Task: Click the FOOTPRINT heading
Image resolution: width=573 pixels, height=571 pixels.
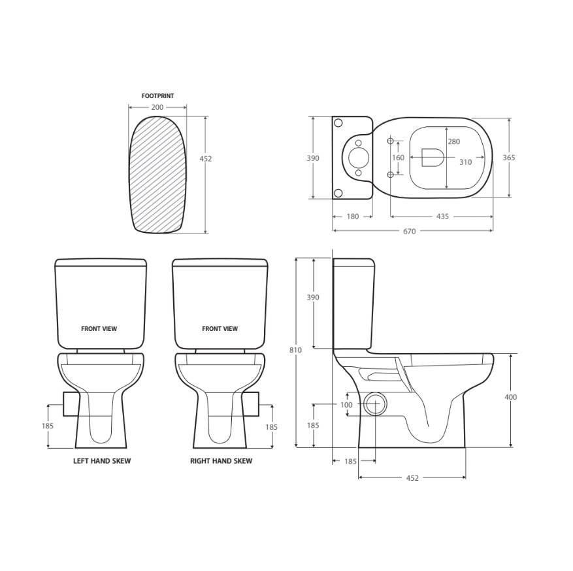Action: click(157, 96)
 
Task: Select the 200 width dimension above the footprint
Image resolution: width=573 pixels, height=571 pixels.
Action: click(157, 107)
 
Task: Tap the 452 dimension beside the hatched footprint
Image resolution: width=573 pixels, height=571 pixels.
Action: click(205, 159)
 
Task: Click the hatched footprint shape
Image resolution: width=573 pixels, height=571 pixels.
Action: click(157, 175)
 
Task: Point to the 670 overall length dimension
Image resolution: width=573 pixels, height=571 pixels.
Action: click(410, 231)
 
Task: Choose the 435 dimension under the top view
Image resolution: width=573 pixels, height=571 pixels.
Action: click(442, 216)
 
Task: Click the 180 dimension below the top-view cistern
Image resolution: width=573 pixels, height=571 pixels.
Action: click(352, 216)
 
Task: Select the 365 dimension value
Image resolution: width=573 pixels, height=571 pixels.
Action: click(509, 158)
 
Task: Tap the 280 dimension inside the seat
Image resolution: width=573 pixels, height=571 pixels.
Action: click(453, 142)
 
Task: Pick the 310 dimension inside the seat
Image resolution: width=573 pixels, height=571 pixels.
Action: click(465, 162)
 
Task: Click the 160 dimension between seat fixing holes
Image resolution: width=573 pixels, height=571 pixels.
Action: click(398, 158)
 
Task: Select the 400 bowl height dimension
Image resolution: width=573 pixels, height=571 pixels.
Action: click(510, 397)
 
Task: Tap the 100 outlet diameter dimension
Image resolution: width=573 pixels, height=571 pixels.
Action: click(346, 405)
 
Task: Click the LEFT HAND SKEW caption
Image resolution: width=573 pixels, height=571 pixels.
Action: click(102, 461)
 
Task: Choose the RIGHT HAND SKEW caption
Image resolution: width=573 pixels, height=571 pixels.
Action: click(221, 461)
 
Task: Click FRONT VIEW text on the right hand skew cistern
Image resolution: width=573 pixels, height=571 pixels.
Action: click(220, 329)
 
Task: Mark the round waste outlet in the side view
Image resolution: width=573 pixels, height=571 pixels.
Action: click(374, 404)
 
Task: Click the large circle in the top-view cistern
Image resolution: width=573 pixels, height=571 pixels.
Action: click(358, 158)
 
